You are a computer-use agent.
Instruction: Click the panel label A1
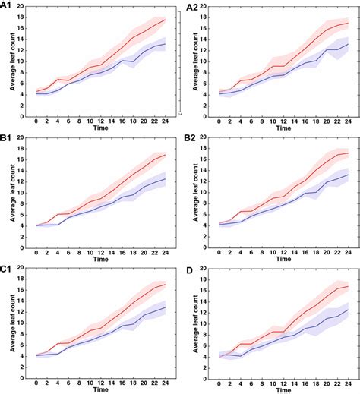pyautogui.click(x=9, y=7)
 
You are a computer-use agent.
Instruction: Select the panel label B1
pyautogui.click(x=9, y=138)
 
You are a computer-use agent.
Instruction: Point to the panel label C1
pyautogui.click(x=9, y=269)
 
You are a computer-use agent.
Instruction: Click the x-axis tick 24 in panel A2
pyautogui.click(x=348, y=121)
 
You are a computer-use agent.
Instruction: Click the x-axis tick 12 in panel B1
pyautogui.click(x=99, y=251)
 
